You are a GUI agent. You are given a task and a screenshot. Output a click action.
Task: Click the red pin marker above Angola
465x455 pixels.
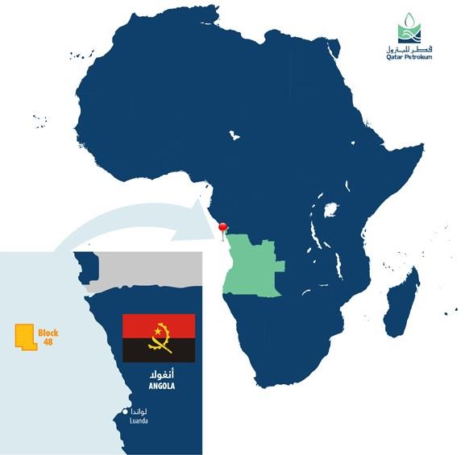tap(223, 229)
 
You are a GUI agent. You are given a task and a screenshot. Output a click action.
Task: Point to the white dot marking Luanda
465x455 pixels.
tap(125, 412)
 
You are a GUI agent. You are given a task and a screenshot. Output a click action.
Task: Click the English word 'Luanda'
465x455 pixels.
tap(139, 420)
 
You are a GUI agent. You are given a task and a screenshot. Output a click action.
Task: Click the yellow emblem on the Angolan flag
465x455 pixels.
tap(159, 338)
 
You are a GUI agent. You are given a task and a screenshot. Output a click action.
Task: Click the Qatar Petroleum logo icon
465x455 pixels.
tap(409, 33)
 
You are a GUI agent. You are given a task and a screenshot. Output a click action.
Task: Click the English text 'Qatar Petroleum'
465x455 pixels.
tap(409, 58)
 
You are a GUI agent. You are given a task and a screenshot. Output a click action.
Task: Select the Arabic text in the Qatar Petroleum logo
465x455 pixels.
tap(409, 50)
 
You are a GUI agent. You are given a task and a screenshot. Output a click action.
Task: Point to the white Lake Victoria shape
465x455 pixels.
tap(329, 211)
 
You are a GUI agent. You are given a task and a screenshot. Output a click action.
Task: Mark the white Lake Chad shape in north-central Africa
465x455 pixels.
tap(235, 132)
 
